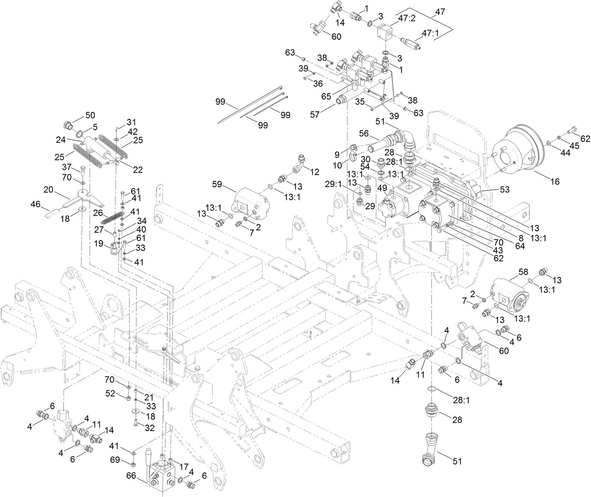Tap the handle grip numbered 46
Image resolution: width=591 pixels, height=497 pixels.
(52, 214)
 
